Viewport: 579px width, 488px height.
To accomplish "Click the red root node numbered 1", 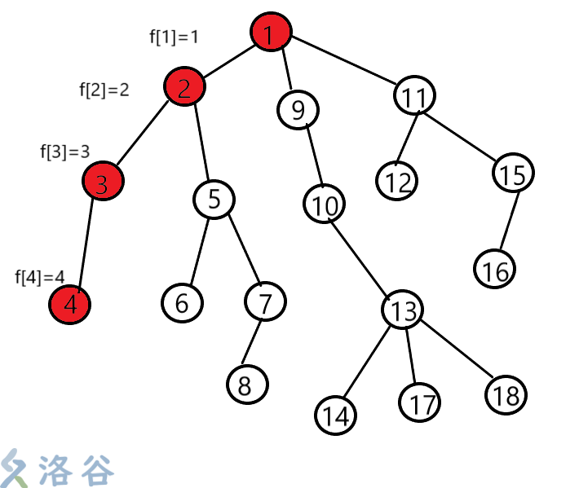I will tap(272, 33).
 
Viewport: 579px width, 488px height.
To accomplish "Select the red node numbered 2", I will tap(184, 87).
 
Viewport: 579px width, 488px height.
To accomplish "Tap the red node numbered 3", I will tap(102, 183).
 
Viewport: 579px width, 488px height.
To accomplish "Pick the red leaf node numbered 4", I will tap(70, 305).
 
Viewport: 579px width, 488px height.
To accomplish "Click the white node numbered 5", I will tap(214, 198).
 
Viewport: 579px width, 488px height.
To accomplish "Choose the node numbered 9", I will tap(298, 108).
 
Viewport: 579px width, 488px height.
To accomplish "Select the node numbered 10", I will tap(325, 205).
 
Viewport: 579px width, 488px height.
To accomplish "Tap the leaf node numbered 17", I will tap(420, 402).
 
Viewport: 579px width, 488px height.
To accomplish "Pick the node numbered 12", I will tap(397, 180).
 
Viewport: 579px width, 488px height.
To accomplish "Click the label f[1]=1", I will tap(174, 37).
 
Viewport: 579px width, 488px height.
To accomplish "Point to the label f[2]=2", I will tap(104, 90).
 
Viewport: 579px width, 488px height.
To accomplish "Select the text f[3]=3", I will tap(64, 152).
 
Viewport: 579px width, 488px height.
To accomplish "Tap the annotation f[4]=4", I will tap(40, 277).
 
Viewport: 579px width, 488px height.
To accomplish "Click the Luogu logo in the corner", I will tap(57, 468).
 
